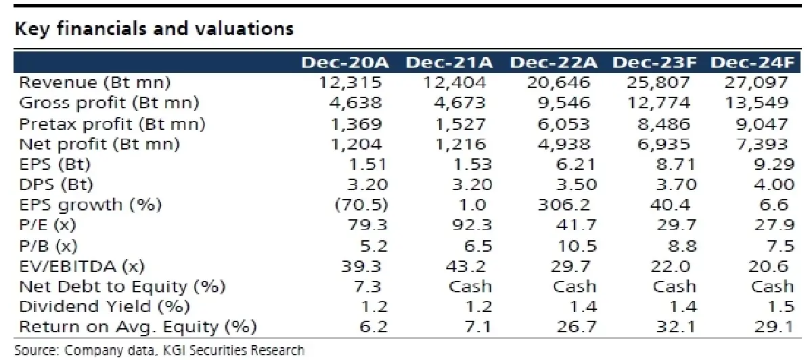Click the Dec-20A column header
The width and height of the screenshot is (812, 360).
pyautogui.click(x=345, y=62)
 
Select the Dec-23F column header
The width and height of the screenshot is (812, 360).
pyautogui.click(x=655, y=62)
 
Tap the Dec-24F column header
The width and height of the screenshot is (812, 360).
pyautogui.click(x=752, y=62)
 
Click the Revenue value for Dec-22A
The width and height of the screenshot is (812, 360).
pyautogui.click(x=558, y=83)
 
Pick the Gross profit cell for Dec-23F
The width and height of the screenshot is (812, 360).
pyautogui.click(x=658, y=103)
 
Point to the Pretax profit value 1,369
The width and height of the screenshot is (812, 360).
pyautogui.click(x=357, y=125)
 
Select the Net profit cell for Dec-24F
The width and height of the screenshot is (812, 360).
pyautogui.click(x=762, y=144)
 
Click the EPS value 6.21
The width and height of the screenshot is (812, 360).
pyautogui.click(x=576, y=164)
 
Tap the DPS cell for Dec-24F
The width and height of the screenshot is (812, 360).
pyautogui.click(x=774, y=185)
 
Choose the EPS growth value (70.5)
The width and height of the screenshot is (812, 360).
pyautogui.click(x=361, y=205)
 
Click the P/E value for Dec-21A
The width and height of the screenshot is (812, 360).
pyautogui.click(x=472, y=225)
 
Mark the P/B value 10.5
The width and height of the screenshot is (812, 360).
pyautogui.click(x=577, y=246)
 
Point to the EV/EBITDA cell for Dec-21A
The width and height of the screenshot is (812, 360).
pyautogui.click(x=466, y=267)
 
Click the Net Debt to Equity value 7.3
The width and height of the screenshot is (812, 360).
pyautogui.click(x=367, y=287)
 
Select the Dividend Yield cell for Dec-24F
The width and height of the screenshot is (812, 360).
pyautogui.click(x=781, y=307)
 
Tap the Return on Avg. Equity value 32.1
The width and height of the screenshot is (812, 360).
pyautogui.click(x=676, y=327)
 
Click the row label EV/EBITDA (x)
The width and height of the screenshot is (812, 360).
pyautogui.click(x=82, y=267)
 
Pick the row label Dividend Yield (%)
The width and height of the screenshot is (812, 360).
pyautogui.click(x=104, y=307)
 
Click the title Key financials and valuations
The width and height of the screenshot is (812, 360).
pyautogui.click(x=154, y=29)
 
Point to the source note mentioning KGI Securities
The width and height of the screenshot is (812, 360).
pyautogui.click(x=160, y=351)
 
